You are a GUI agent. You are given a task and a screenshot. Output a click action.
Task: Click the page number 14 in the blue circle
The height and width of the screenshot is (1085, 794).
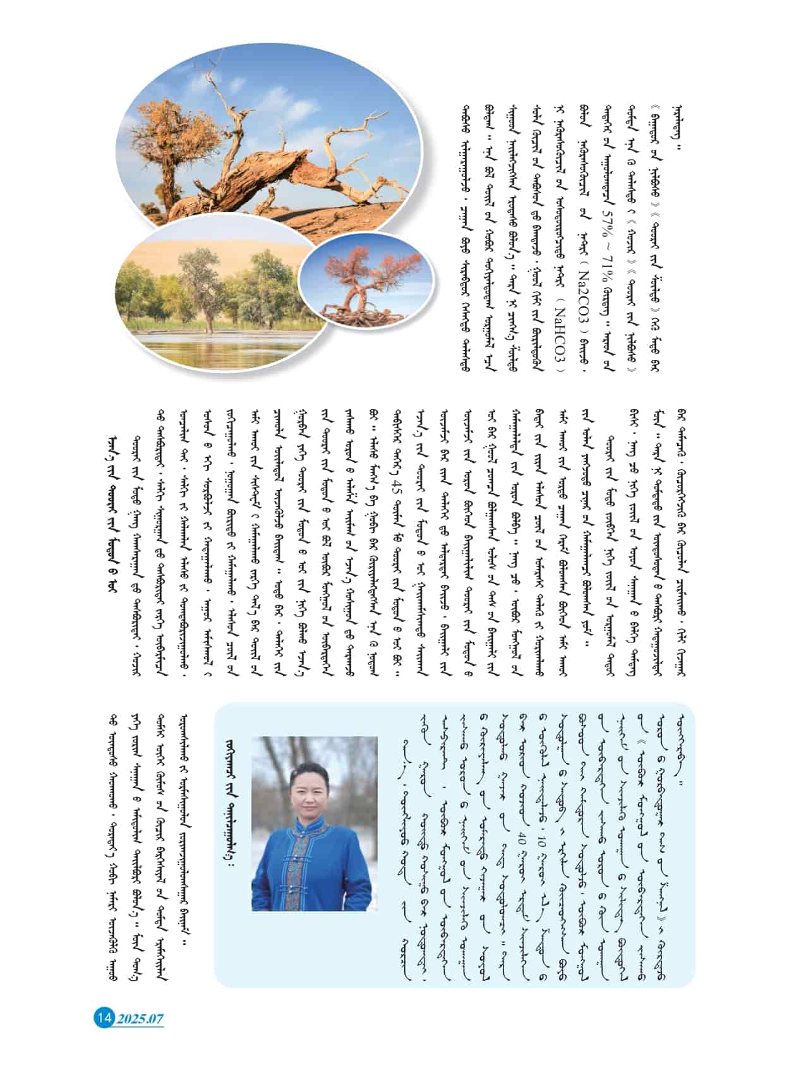[x=104, y=1017]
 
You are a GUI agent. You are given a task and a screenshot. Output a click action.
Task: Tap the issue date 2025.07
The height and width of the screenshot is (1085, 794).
[x=140, y=1018]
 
